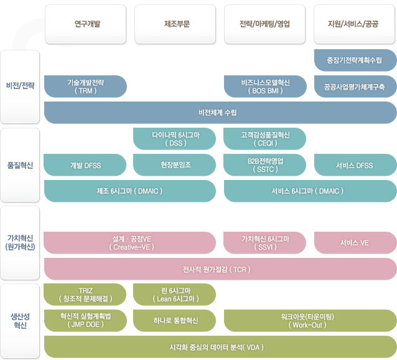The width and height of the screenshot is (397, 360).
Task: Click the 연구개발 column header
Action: coord(86,24)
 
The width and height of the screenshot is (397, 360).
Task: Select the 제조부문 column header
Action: coord(175,24)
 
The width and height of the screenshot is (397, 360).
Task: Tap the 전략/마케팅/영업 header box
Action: coord(265,24)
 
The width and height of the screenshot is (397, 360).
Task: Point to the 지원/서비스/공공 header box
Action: coord(354,24)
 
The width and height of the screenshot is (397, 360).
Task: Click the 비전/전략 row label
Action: coord(20,87)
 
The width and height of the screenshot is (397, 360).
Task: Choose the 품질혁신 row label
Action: coord(20,165)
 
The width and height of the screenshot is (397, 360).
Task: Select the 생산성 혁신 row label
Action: coord(20,321)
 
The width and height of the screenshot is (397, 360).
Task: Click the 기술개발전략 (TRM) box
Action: coord(86,87)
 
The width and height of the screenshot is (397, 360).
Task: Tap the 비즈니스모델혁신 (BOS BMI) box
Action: coord(265,87)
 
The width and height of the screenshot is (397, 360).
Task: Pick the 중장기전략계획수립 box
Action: coord(355,60)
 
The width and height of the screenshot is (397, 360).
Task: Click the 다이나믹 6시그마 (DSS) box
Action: coord(174,139)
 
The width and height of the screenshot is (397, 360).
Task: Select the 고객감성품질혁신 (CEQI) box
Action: coord(264,139)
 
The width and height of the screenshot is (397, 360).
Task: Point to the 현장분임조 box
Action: coord(174,165)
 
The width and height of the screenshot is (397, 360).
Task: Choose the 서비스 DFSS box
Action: coord(355,165)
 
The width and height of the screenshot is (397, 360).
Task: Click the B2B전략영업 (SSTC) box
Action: coord(264,165)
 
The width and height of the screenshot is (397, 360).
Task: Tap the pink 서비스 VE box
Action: coord(355,243)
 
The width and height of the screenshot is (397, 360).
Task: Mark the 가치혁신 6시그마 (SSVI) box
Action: coord(264,243)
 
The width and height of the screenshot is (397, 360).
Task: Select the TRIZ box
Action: coord(85,295)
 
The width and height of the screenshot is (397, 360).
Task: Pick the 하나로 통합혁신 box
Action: coord(174,321)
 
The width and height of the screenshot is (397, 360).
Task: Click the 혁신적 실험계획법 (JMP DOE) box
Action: coord(86,321)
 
